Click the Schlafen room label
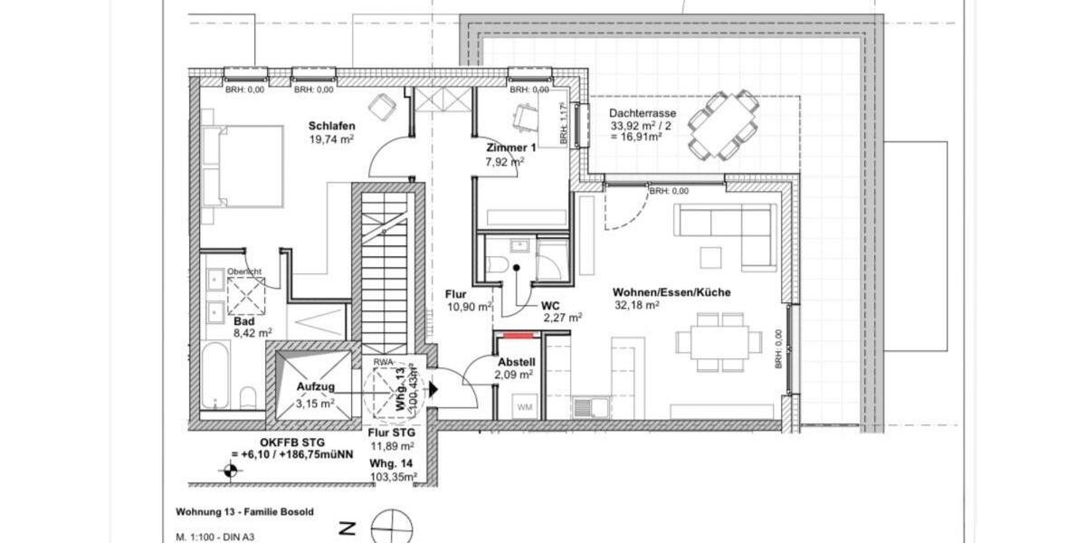331,126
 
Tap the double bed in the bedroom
234,167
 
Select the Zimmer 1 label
511,148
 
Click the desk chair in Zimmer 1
523,115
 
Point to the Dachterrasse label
643,114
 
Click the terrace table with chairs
722,124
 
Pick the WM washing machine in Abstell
525,406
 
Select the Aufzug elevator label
316,386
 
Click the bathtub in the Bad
215,374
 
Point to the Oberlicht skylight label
244,271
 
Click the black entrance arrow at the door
433,389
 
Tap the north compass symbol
391,528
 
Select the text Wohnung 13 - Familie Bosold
244,511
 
